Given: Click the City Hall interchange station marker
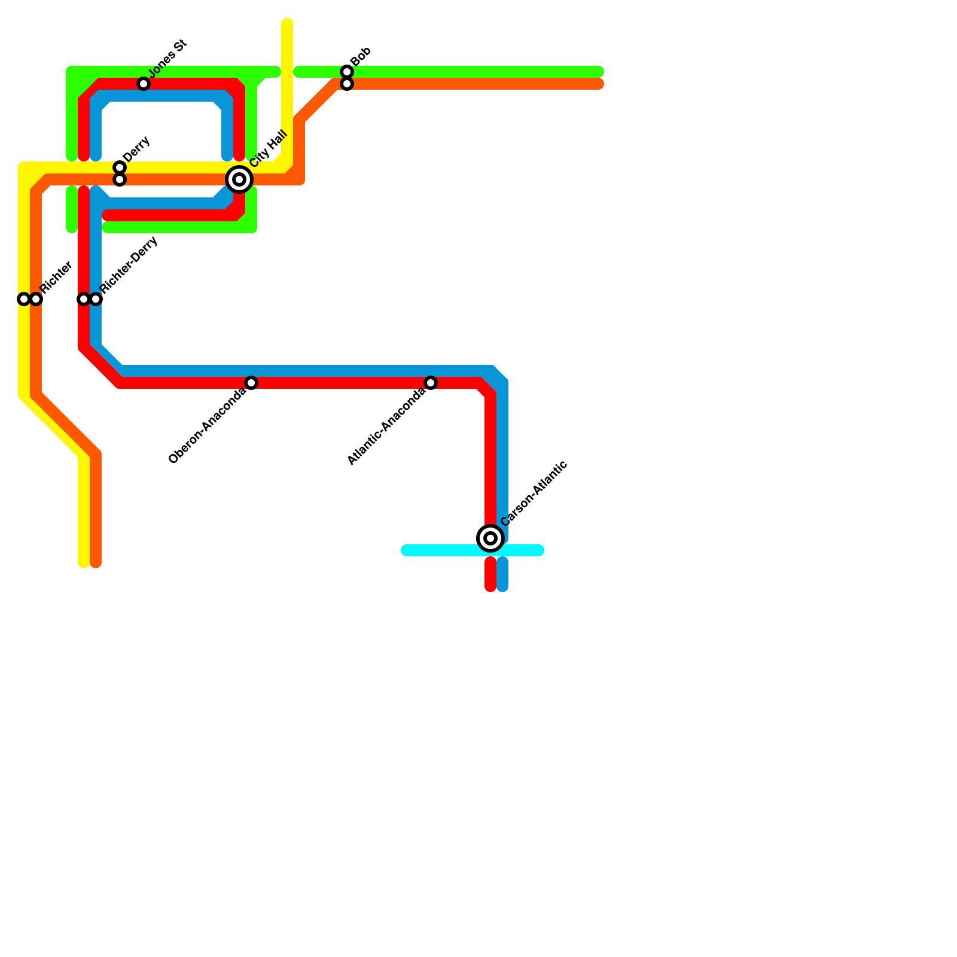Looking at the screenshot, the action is pos(239,179).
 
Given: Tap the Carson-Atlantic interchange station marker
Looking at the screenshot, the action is pos(490,538).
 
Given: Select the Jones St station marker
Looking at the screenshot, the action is pos(144,84).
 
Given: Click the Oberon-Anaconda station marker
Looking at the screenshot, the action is pos(251,383).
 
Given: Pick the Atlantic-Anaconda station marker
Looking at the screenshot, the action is pos(431,383).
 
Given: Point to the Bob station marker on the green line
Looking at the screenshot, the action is pos(347,72).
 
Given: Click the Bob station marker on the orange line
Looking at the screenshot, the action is pos(347,84).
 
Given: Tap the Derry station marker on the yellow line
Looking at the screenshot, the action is pos(120,167).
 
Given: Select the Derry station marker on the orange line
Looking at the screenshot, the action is pos(120,179).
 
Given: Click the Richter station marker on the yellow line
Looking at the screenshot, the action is pos(24,299).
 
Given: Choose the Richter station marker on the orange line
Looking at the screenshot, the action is pos(36,299).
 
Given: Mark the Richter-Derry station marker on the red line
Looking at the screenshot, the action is pos(84,299).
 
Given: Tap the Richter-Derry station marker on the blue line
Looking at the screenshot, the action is pos(96,299).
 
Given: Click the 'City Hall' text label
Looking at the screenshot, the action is pos(269,148).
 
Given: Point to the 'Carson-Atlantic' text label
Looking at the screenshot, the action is pos(534,493).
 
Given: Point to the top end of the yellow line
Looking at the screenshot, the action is pos(287,24).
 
